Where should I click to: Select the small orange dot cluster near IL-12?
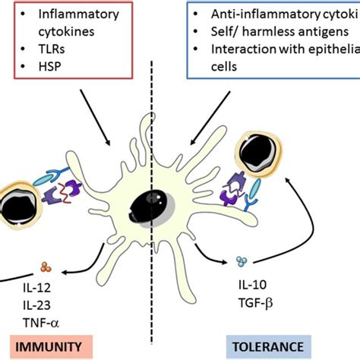[45, 267]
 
